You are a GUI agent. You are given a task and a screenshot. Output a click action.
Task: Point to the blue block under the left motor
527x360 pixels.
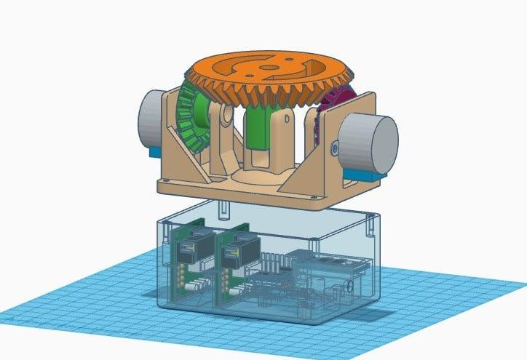[x=154, y=151]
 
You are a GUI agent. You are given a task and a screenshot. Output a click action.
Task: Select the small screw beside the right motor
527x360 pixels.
[x=334, y=148]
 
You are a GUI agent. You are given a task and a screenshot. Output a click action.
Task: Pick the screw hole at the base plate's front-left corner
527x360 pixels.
[x=169, y=178]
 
